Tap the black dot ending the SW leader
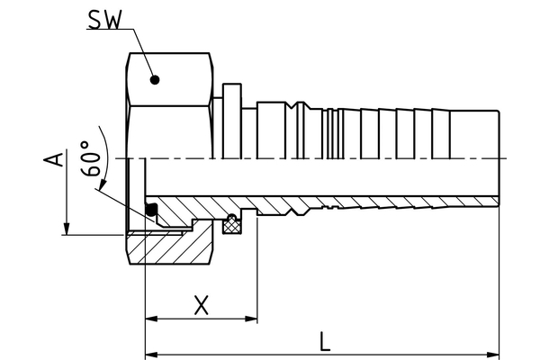155,79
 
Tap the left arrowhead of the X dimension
151,319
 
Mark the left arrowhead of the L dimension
151,351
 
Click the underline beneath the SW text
108,29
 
